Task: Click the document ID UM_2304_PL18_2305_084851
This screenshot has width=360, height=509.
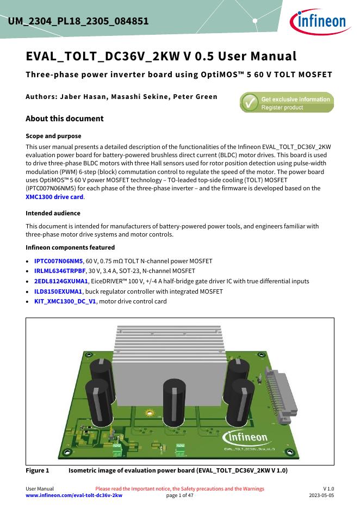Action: click(x=78, y=22)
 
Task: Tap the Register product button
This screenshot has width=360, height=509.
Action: click(x=287, y=103)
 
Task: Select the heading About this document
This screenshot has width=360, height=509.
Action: click(x=64, y=119)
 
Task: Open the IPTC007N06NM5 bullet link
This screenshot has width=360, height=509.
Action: click(x=59, y=261)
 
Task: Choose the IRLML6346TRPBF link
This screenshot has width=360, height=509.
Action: click(x=60, y=271)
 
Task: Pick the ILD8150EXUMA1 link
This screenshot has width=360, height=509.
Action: click(x=58, y=291)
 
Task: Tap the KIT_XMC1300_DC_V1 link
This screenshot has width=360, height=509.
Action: click(x=65, y=301)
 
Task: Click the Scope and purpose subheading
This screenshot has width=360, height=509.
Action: click(x=53, y=136)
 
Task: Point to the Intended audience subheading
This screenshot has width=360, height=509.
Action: click(x=53, y=213)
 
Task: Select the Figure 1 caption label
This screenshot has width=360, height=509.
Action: click(x=38, y=470)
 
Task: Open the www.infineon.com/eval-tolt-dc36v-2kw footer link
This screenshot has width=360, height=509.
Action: click(x=74, y=496)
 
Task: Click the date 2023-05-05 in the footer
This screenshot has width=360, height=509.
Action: click(x=321, y=496)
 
